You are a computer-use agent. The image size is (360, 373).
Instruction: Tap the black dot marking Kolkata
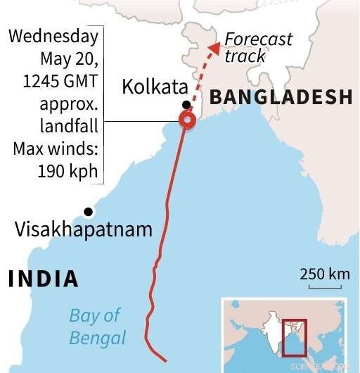click(x=184, y=104)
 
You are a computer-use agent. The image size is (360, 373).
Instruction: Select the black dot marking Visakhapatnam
click(x=88, y=212)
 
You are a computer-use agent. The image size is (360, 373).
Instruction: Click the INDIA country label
click(x=43, y=279)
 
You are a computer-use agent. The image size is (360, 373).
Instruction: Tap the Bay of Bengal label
click(x=98, y=326)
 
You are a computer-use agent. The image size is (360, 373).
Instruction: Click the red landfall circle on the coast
click(x=187, y=120)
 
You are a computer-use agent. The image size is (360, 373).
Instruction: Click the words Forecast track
click(x=257, y=47)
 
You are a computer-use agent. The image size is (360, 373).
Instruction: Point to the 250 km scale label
click(x=323, y=274)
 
